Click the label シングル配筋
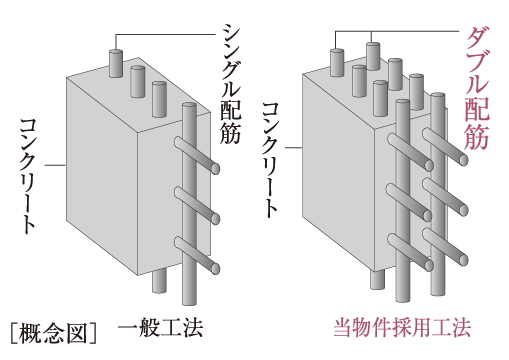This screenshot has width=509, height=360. [231, 84]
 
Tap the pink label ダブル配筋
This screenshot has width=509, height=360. [477, 89]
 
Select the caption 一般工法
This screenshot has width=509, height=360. [160, 328]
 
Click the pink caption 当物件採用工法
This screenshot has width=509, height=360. [402, 328]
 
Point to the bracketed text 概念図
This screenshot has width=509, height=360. [54, 333]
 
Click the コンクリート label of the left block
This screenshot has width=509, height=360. [27, 176]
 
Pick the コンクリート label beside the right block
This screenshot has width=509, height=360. [270, 160]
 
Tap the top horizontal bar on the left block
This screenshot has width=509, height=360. [197, 155]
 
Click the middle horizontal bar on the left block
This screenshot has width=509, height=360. [197, 205]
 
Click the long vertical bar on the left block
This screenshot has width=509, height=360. [189, 204]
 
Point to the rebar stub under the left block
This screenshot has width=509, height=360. [159, 281]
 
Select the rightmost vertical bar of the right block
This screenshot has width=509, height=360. [438, 194]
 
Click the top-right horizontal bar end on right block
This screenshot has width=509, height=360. [463, 160]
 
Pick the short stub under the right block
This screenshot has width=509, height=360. [377, 279]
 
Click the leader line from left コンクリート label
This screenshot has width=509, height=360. [55, 165]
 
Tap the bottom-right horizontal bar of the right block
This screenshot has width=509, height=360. [445, 247]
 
